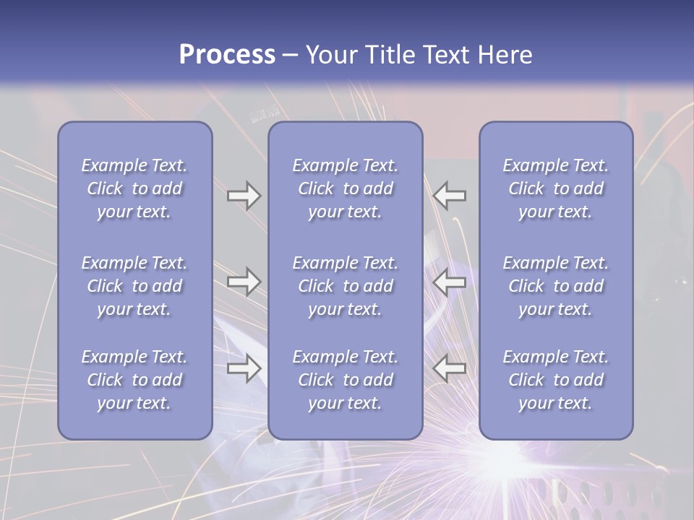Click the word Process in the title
227,55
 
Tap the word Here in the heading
504,55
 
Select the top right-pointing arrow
244,196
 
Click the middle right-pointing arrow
244,282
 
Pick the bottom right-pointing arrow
244,368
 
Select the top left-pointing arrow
450,196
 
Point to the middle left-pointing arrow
450,282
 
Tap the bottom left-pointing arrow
450,368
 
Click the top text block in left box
134,188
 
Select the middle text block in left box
134,286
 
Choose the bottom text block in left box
134,380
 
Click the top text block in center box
345,188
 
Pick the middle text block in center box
345,286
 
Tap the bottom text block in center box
345,380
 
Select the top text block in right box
556,188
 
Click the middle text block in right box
556,286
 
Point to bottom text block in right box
556,380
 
